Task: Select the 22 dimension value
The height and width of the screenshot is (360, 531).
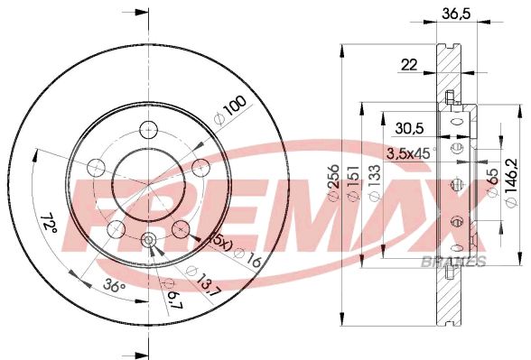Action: point(410,64)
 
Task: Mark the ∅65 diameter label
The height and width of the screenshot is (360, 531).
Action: point(493,186)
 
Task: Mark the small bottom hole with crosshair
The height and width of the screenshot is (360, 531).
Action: point(148,240)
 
